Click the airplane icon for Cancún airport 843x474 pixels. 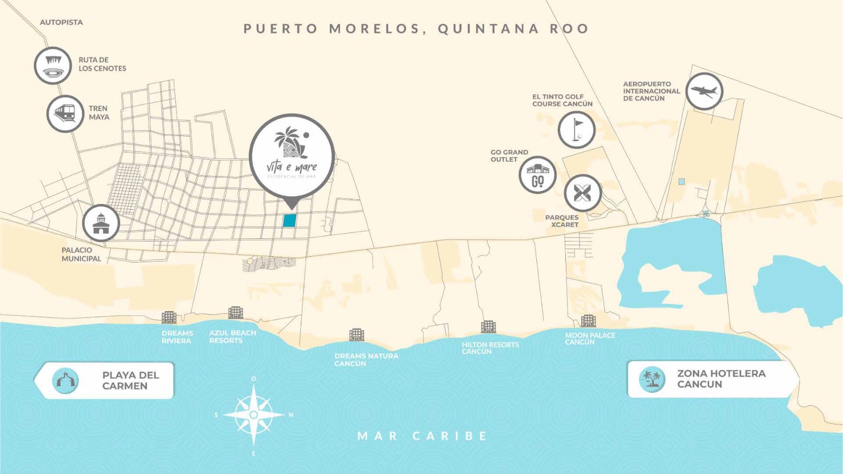pyautogui.click(x=704, y=91)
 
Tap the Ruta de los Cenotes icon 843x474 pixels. pyautogui.click(x=53, y=65)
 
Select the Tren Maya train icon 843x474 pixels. pyautogui.click(x=65, y=113)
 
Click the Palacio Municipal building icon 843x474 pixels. pyautogui.click(x=101, y=223)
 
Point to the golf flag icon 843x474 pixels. pyautogui.click(x=577, y=130)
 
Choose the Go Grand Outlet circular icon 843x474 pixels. pyautogui.click(x=537, y=175)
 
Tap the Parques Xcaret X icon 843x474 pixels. pyautogui.click(x=582, y=193)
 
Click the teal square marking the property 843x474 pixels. pyautogui.click(x=289, y=220)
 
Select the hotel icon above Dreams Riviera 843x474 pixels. pyautogui.click(x=169, y=317)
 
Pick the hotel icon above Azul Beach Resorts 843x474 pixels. pyautogui.click(x=236, y=313)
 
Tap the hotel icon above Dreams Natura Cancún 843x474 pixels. pyautogui.click(x=357, y=334)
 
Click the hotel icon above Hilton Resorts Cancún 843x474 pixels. pyautogui.click(x=488, y=326)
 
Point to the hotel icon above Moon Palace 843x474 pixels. pyautogui.click(x=588, y=320)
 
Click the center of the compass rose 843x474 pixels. pyautogui.click(x=253, y=415)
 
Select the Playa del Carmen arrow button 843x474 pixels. pyautogui.click(x=105, y=380)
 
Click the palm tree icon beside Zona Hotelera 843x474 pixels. pyautogui.click(x=652, y=379)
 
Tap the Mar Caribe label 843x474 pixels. pyautogui.click(x=422, y=436)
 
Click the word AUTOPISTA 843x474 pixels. pyautogui.click(x=61, y=22)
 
